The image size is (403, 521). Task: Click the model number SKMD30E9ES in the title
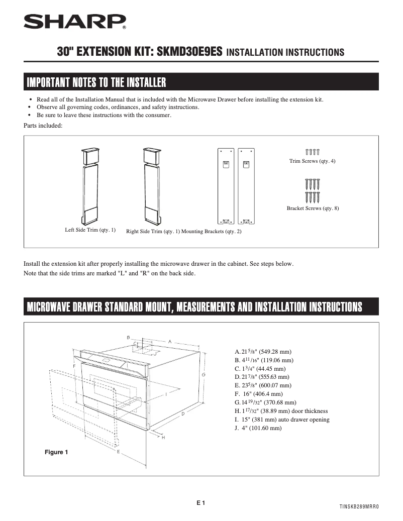click(190, 52)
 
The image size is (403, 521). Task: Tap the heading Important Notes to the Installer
click(96, 81)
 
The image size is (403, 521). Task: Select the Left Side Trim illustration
click(91, 185)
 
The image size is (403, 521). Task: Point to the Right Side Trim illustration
click(151, 185)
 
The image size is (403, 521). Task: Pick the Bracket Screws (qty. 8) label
click(313, 208)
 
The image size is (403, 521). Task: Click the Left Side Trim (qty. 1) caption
click(90, 230)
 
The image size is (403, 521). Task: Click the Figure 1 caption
click(56, 452)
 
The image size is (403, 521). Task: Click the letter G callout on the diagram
click(203, 375)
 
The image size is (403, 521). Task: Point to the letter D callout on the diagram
click(183, 413)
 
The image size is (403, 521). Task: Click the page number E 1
click(201, 502)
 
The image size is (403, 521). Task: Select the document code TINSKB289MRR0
click(358, 507)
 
